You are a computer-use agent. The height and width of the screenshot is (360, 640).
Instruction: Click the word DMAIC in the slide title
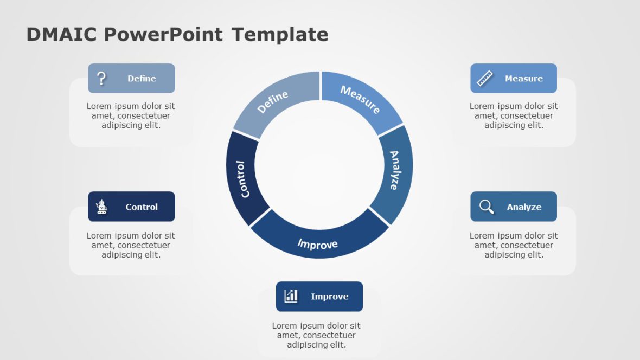pos(62,35)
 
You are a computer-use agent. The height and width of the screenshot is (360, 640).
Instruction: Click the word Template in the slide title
pos(280,35)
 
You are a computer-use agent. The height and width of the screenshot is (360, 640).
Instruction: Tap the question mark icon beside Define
pos(101,79)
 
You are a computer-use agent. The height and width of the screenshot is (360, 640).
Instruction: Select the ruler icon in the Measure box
pos(484,79)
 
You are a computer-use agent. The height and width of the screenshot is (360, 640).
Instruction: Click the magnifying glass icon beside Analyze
pos(487,207)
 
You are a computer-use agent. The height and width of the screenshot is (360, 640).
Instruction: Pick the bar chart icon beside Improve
pos(291,296)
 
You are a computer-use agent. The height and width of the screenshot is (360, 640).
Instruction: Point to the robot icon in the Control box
pos(101,207)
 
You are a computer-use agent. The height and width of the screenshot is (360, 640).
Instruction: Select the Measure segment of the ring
pos(360,100)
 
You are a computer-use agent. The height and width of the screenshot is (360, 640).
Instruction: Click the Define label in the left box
pos(142,79)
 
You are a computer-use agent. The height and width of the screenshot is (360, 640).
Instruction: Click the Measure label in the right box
pos(523,79)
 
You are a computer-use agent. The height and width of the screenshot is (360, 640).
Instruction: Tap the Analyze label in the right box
pos(524,207)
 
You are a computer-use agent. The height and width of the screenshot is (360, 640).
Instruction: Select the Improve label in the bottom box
pos(329,297)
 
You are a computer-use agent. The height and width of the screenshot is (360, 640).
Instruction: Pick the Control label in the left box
pos(142,207)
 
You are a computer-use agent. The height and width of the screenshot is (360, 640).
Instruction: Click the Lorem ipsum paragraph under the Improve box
pos(316,335)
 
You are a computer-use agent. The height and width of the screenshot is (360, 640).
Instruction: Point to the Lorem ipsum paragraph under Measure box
pos(514,115)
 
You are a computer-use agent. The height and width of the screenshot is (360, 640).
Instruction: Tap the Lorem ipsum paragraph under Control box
pos(131,245)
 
